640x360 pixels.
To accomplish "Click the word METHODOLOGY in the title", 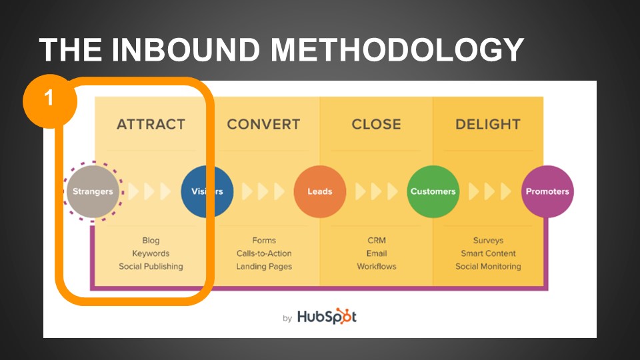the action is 397,50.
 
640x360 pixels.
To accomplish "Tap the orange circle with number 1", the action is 50,101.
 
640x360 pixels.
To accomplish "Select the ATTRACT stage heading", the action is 151,124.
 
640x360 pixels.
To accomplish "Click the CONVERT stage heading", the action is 264,124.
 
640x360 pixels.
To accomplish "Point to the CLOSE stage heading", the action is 376,124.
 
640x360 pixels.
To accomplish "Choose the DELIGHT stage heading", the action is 488,124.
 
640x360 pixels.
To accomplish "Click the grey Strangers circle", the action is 93,191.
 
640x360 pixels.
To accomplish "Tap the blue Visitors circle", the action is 207,191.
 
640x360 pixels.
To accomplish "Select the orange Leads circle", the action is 320,191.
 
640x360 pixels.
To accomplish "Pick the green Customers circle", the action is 433,191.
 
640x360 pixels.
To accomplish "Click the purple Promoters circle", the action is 547,191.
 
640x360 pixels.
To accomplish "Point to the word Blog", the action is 151,241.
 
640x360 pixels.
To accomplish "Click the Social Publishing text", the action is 151,267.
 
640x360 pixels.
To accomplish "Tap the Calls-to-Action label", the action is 264,253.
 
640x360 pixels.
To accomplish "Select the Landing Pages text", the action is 264,267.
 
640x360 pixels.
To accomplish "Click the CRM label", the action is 376,241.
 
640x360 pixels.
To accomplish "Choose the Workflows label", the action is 376,267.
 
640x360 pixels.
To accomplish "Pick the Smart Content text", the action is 488,253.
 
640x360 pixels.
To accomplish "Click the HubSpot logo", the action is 327,316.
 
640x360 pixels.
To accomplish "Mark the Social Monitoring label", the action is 488,267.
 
